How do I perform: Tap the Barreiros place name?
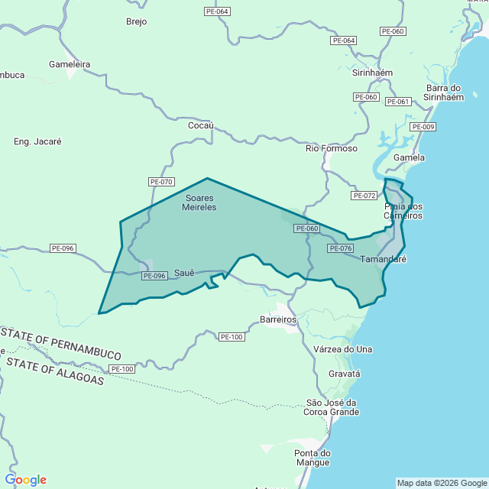(278, 319)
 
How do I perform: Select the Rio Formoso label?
(332, 148)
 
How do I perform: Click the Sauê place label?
(186, 272)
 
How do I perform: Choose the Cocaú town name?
(200, 125)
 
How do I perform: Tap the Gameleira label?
(70, 65)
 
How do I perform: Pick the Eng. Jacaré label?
(37, 141)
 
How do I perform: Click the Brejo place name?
(136, 21)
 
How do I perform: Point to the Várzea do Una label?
(343, 349)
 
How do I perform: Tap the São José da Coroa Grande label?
(332, 407)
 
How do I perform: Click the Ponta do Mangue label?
(313, 458)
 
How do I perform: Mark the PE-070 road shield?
(162, 182)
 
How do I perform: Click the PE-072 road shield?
(364, 196)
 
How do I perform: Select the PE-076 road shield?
(341, 248)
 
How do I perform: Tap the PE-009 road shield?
(423, 127)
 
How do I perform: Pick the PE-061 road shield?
(398, 102)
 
